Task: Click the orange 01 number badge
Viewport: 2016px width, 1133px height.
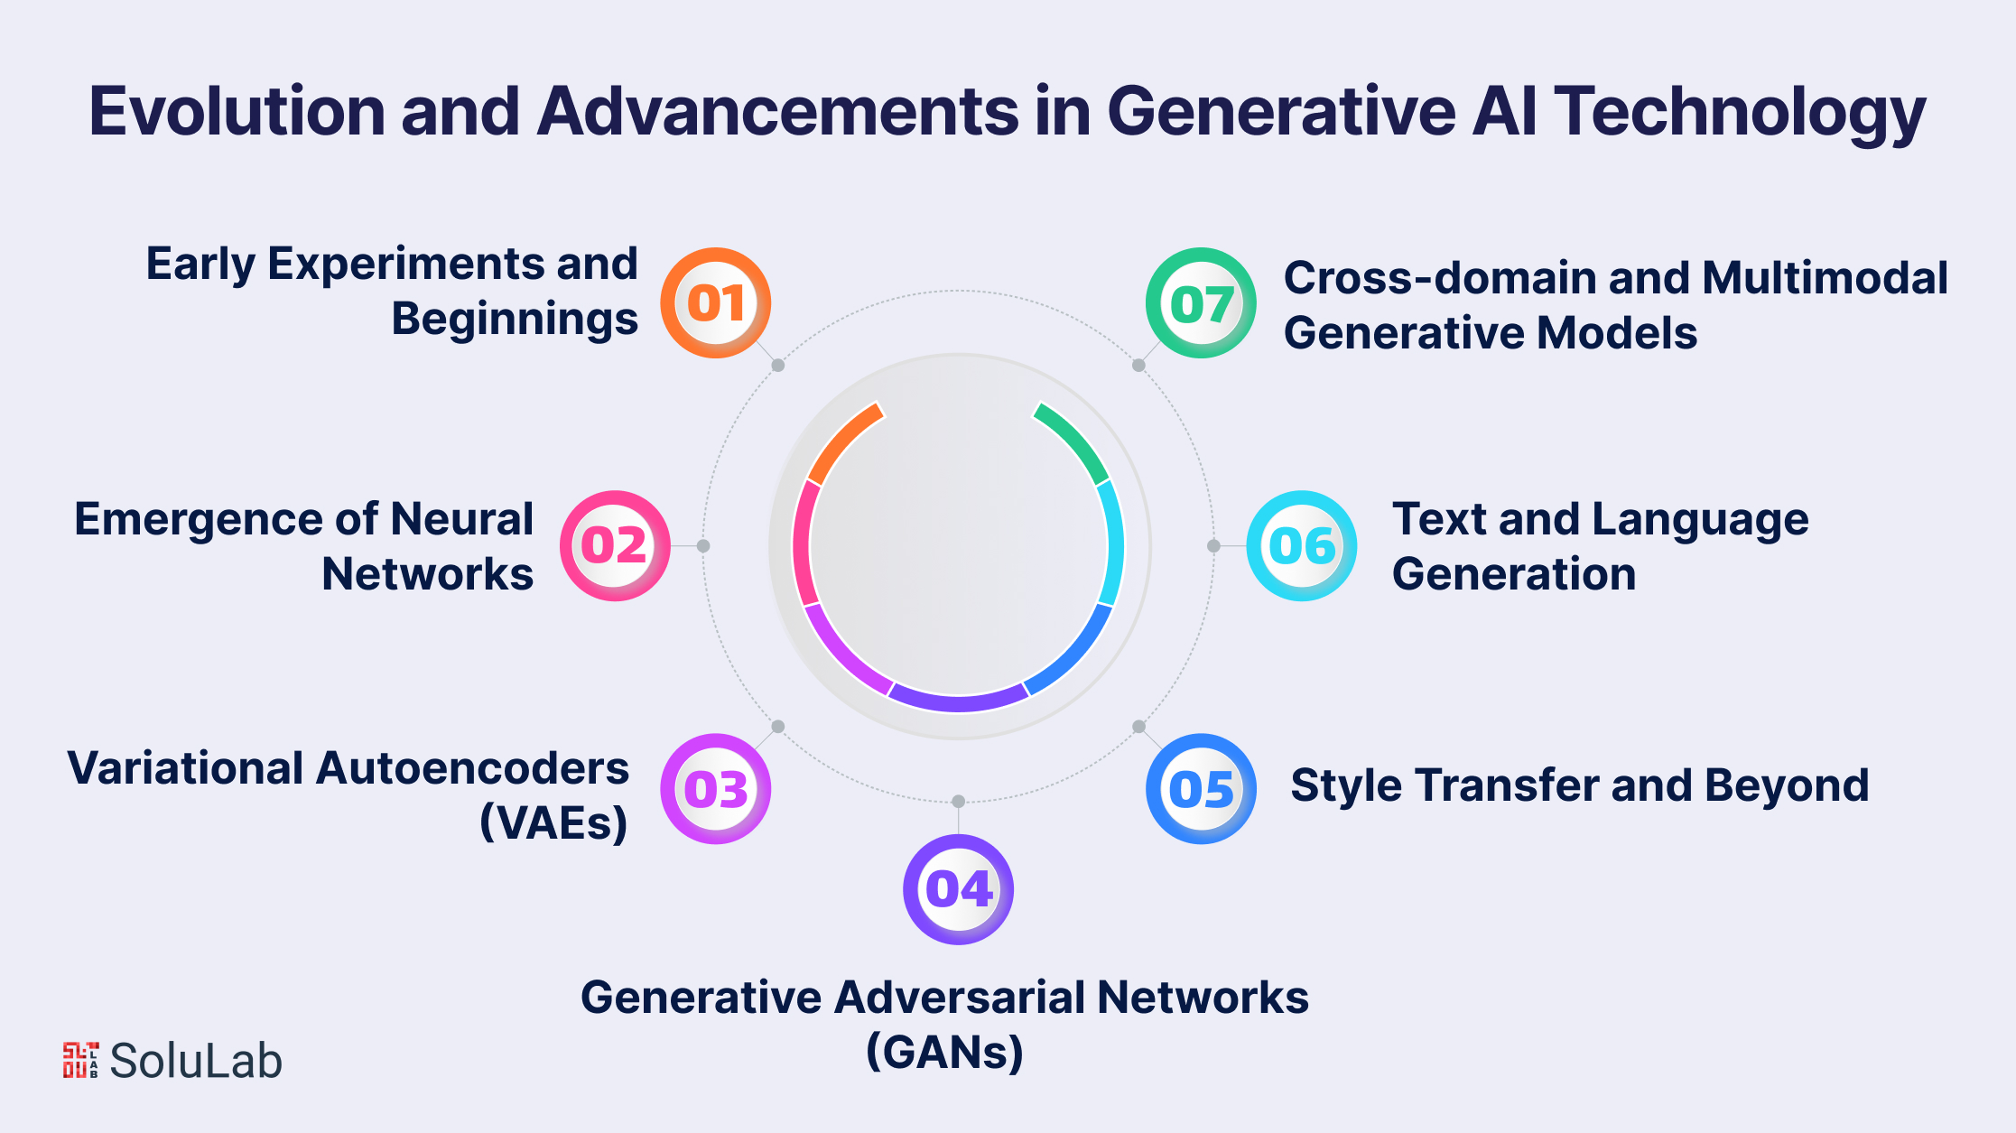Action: pyautogui.click(x=715, y=302)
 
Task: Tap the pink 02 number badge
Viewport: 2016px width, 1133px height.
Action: pyautogui.click(x=615, y=545)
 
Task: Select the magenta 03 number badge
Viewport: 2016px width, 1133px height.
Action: pyautogui.click(x=715, y=789)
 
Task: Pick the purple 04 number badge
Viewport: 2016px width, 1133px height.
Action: pyautogui.click(x=958, y=889)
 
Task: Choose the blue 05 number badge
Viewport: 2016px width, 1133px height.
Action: pyautogui.click(x=1201, y=789)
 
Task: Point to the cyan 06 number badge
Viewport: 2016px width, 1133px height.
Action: pyautogui.click(x=1301, y=545)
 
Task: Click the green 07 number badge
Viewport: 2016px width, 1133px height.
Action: pyautogui.click(x=1201, y=302)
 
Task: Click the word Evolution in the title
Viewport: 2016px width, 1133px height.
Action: pyautogui.click(x=237, y=112)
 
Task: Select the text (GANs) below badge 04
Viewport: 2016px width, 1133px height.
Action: pyautogui.click(x=944, y=1052)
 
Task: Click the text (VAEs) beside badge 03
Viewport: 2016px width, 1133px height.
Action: pyautogui.click(x=553, y=822)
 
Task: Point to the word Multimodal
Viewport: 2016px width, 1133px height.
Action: pyautogui.click(x=1825, y=277)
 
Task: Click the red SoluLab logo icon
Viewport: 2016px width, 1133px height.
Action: pyautogui.click(x=80, y=1060)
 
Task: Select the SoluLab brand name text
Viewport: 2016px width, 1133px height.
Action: pyautogui.click(x=196, y=1061)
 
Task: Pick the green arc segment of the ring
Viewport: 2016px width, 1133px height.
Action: pyautogui.click(x=1075, y=440)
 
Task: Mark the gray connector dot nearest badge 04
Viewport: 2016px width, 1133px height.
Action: pyautogui.click(x=958, y=802)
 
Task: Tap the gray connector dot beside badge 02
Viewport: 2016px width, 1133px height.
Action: pyautogui.click(x=703, y=545)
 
